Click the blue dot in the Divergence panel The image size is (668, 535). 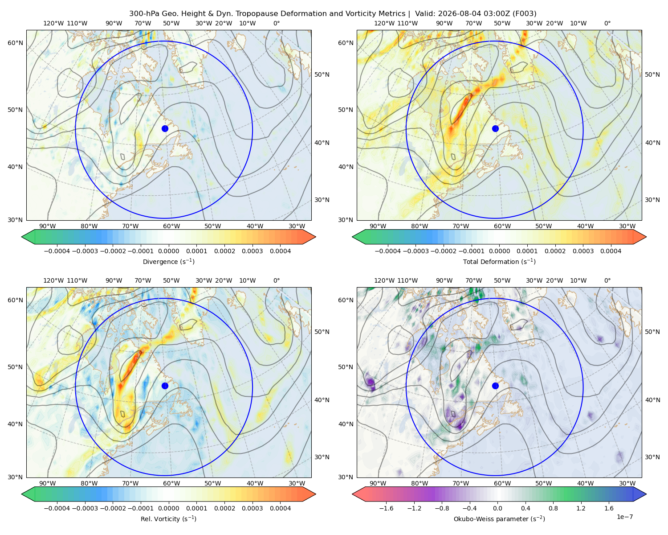point(165,128)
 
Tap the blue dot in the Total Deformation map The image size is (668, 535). point(495,128)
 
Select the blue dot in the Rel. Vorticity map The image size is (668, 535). point(165,386)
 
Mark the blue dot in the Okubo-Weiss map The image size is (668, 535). point(495,386)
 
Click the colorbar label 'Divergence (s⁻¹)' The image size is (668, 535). point(168,261)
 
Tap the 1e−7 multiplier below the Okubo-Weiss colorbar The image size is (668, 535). point(624,517)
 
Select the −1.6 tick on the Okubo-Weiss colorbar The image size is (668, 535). point(386,508)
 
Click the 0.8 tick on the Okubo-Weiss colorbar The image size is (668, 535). point(553,508)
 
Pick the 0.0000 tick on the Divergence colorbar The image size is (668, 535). point(168,251)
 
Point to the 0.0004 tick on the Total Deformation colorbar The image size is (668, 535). point(611,251)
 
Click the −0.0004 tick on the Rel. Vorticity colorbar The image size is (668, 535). point(57,508)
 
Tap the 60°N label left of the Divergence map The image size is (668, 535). point(15,43)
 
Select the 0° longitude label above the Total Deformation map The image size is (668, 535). point(607,23)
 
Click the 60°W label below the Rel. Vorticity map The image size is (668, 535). point(171,483)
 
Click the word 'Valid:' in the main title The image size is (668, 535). point(425,13)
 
